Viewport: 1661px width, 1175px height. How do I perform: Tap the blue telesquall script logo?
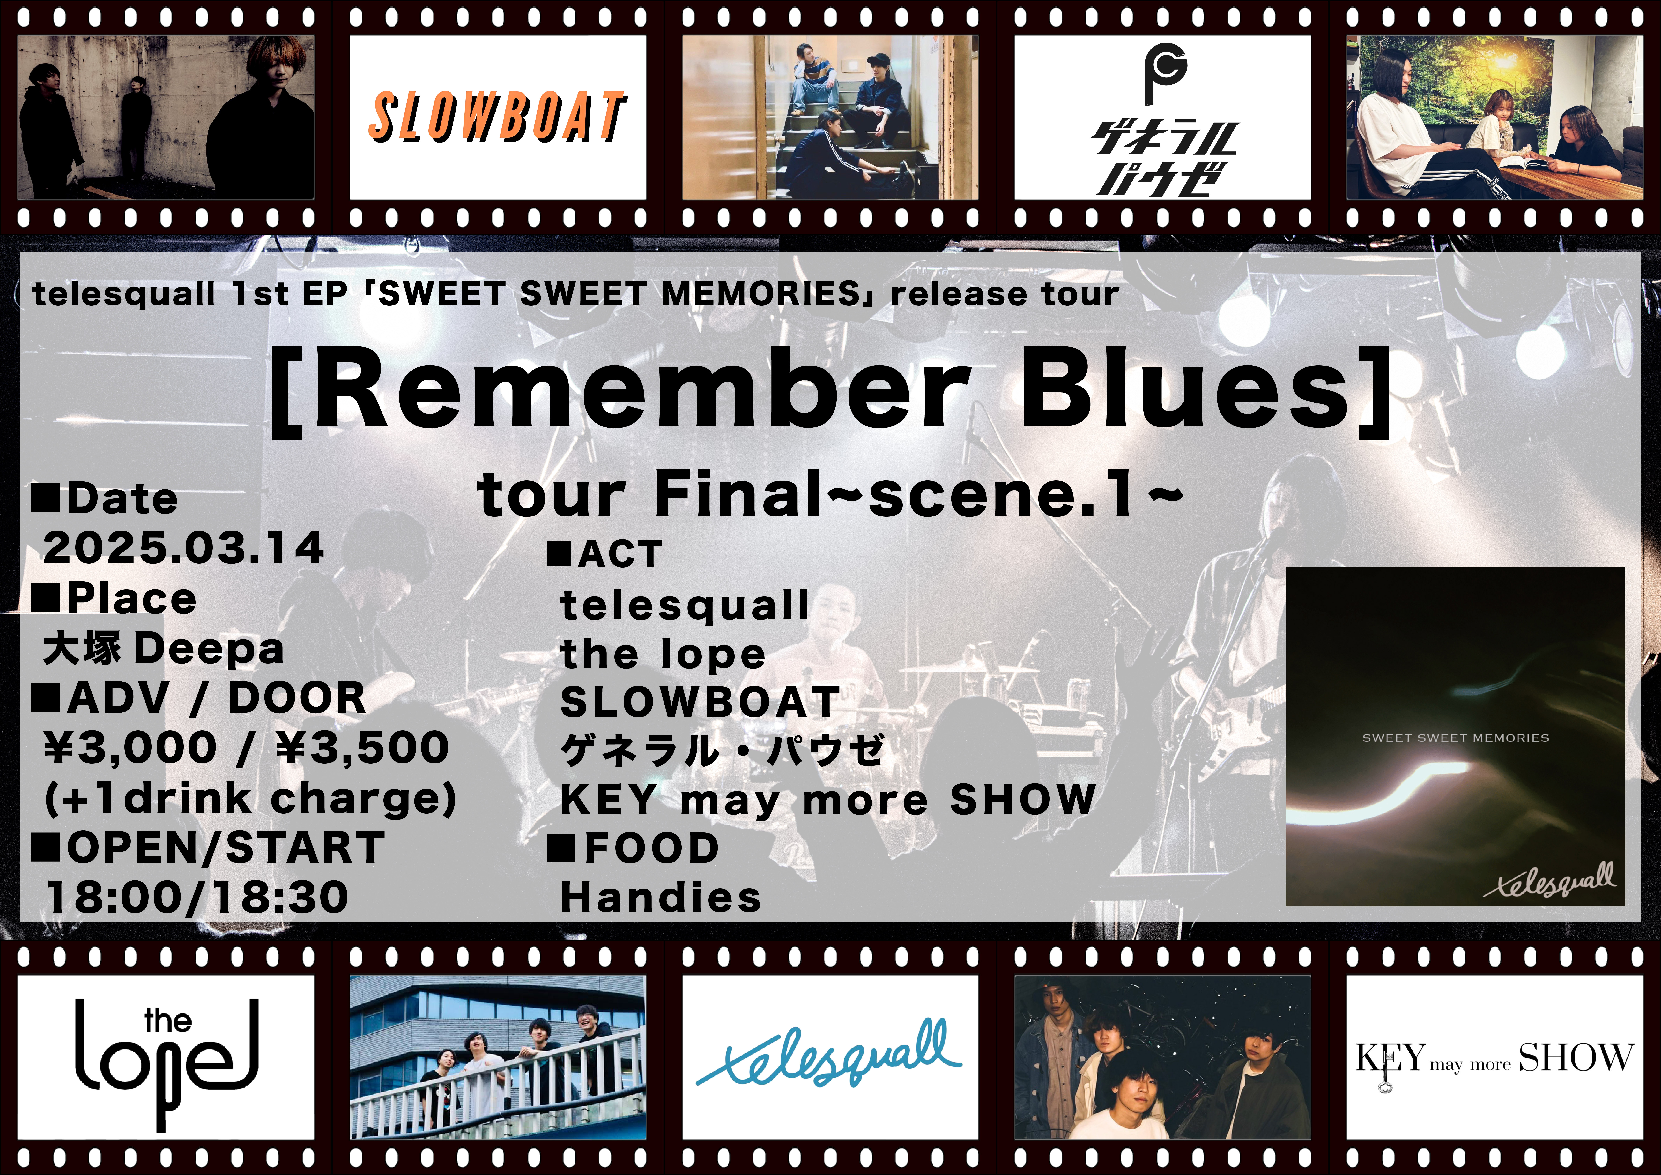(829, 1056)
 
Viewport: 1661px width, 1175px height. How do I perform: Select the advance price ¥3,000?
(130, 747)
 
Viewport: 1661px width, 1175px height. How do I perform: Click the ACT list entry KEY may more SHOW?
(828, 800)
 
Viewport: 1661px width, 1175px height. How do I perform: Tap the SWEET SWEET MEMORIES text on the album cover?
(1456, 738)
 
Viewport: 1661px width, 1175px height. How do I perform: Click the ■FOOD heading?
(633, 848)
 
